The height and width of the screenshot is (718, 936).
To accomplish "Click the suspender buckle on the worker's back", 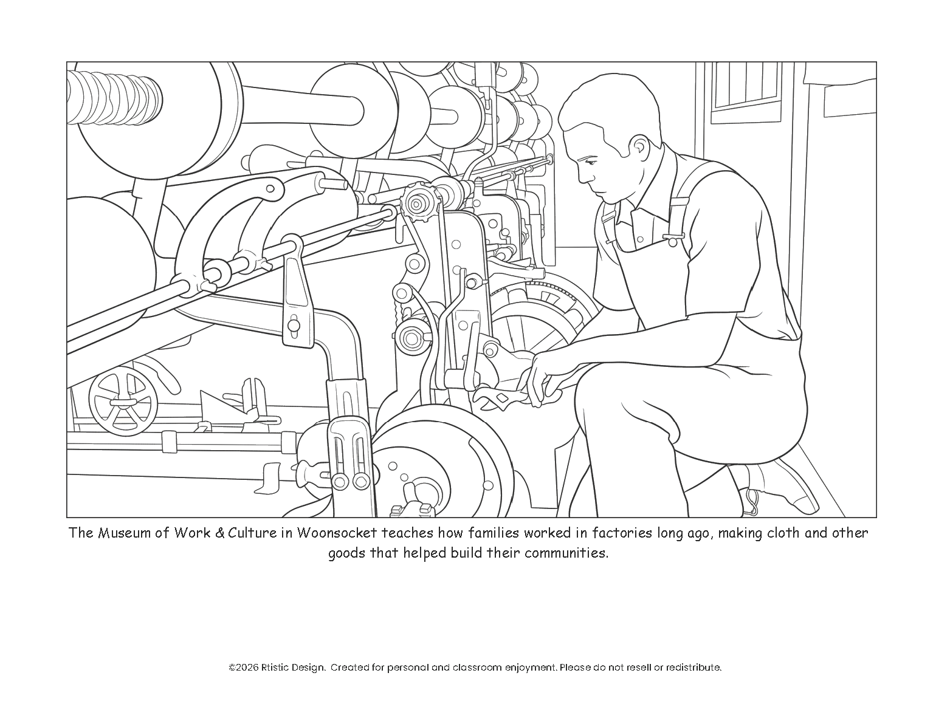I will [x=673, y=238].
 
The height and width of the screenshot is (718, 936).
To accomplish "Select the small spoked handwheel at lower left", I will [x=123, y=402].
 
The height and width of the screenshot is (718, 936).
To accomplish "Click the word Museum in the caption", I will [x=119, y=533].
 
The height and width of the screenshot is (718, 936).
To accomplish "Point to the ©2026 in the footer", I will [x=243, y=668].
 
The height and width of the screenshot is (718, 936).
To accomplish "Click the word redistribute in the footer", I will [x=693, y=668].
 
